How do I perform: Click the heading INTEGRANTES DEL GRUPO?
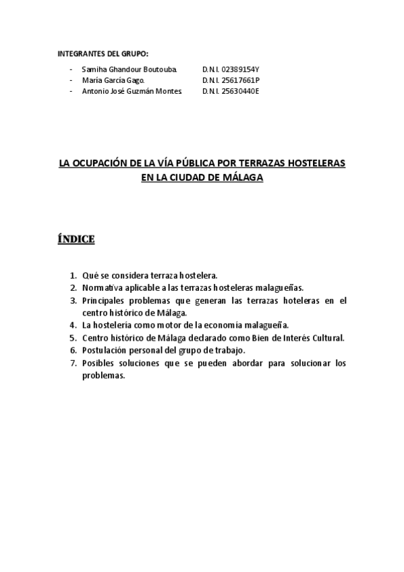coord(103,53)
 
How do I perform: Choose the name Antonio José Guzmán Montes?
coord(132,91)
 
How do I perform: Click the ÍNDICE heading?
coord(76,239)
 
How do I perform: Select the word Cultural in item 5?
coord(326,337)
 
